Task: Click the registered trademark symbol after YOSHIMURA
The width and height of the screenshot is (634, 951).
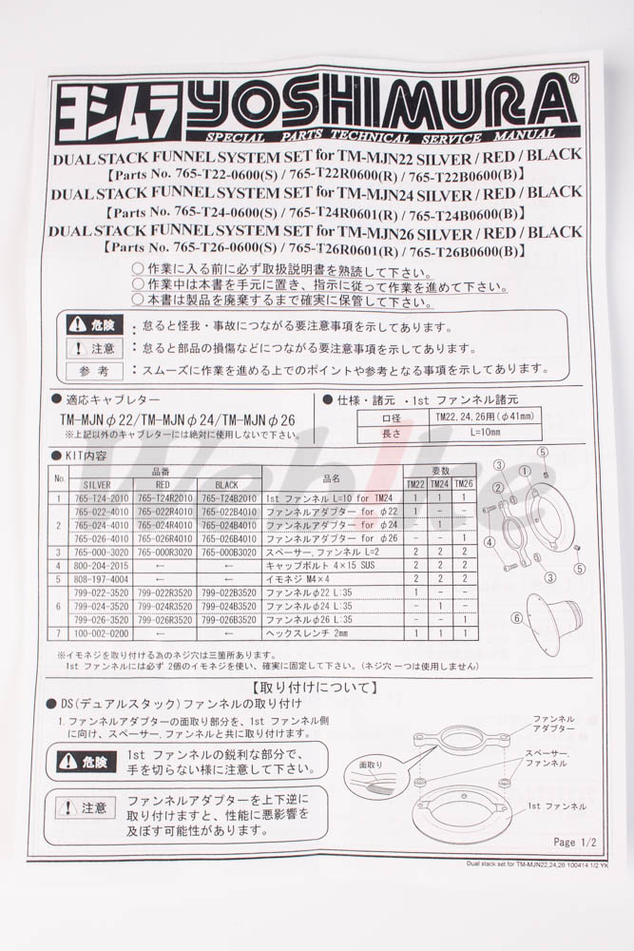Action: pyautogui.click(x=574, y=81)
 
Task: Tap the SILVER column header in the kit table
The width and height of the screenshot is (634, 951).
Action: pyautogui.click(x=97, y=484)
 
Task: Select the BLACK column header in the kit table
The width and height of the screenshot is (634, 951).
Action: pyautogui.click(x=226, y=484)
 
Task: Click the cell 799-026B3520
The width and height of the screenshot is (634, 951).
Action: pyautogui.click(x=228, y=619)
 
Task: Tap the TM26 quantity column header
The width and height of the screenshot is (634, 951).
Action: pyautogui.click(x=463, y=484)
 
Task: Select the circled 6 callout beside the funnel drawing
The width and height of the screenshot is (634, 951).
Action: pyautogui.click(x=517, y=618)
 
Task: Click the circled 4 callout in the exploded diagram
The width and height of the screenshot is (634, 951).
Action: pyautogui.click(x=490, y=543)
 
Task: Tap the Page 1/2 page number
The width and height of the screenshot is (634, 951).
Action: pyautogui.click(x=575, y=842)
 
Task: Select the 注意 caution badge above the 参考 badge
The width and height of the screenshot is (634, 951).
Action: pyautogui.click(x=95, y=348)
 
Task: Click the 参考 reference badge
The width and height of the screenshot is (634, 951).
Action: pyautogui.click(x=95, y=371)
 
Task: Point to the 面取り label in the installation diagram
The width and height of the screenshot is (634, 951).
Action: pyautogui.click(x=370, y=765)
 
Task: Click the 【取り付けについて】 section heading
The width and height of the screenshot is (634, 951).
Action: pyautogui.click(x=313, y=685)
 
